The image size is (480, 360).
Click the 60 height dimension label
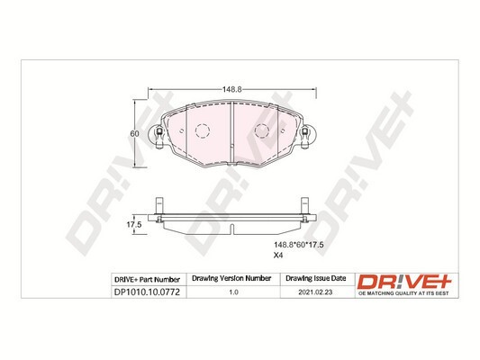[134, 132]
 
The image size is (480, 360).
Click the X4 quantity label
[279, 256]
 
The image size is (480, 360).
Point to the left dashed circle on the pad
[201, 131]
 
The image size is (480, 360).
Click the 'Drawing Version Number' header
[233, 280]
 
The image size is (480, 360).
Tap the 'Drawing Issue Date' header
[309, 280]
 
